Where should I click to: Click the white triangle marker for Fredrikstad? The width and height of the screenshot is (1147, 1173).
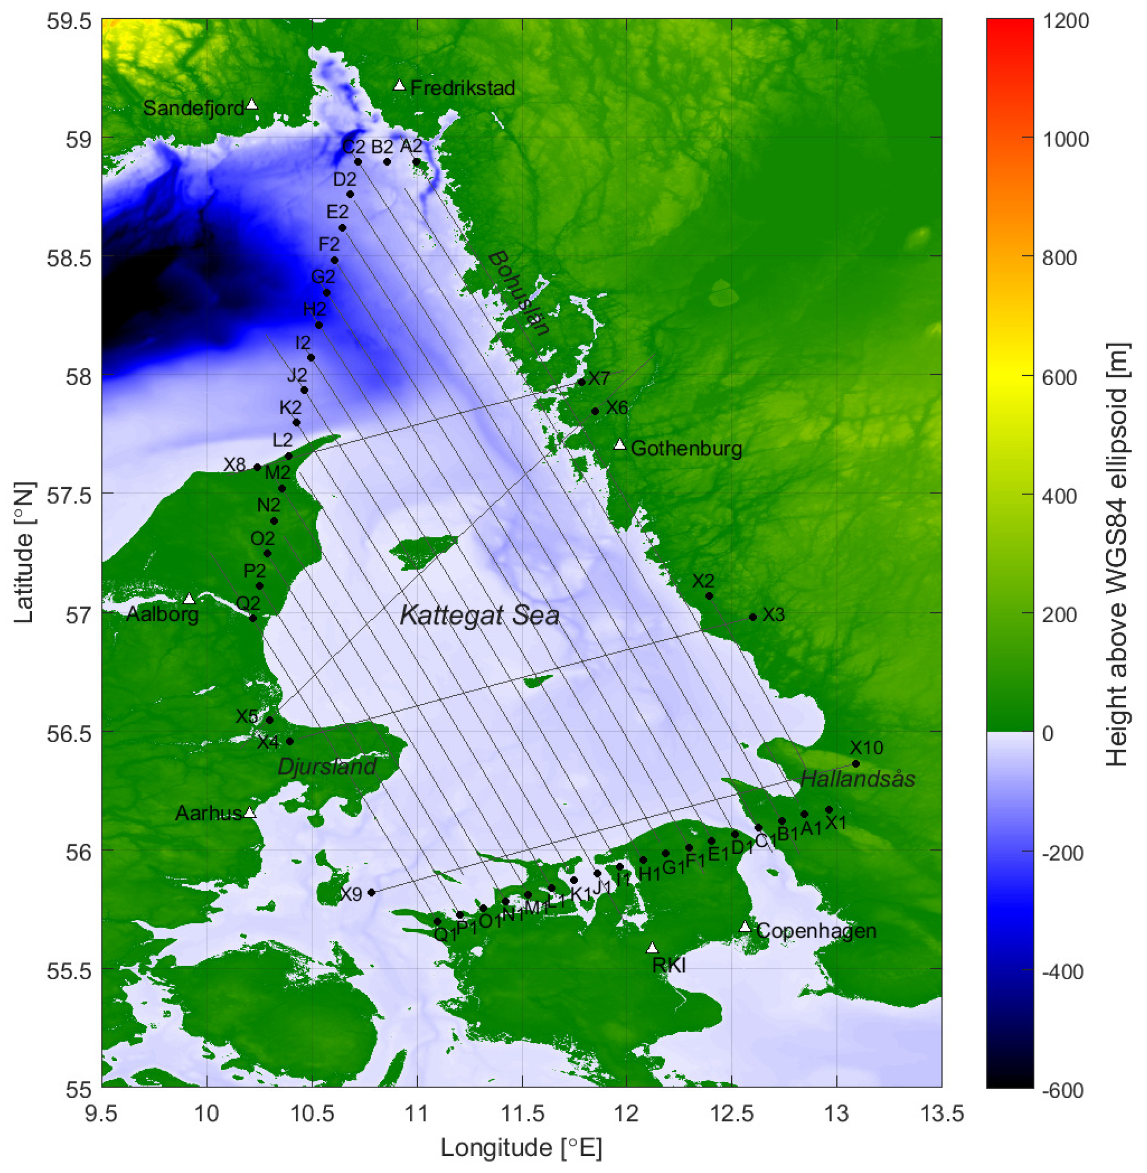[x=399, y=86]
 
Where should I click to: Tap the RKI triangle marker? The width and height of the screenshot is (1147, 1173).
[x=652, y=949]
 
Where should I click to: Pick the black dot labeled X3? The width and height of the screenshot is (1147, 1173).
[x=752, y=617]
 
